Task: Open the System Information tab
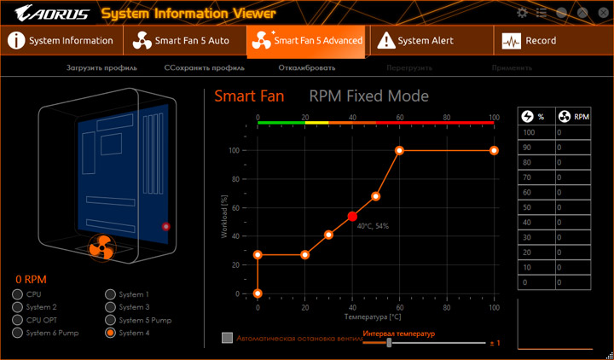tap(61, 41)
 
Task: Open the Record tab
tap(530, 41)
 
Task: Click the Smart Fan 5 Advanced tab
tap(307, 41)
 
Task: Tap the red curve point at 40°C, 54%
tap(352, 218)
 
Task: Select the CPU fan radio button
tap(17, 294)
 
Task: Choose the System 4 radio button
tap(111, 333)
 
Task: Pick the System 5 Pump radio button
tap(111, 320)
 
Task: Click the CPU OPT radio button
tap(17, 320)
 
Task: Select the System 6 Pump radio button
tap(17, 333)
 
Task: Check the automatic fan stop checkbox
tap(227, 338)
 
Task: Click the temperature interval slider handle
tap(389, 342)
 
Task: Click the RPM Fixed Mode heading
tap(368, 96)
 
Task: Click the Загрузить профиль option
tap(101, 67)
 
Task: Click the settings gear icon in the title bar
tap(523, 12)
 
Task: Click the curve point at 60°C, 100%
tap(399, 150)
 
